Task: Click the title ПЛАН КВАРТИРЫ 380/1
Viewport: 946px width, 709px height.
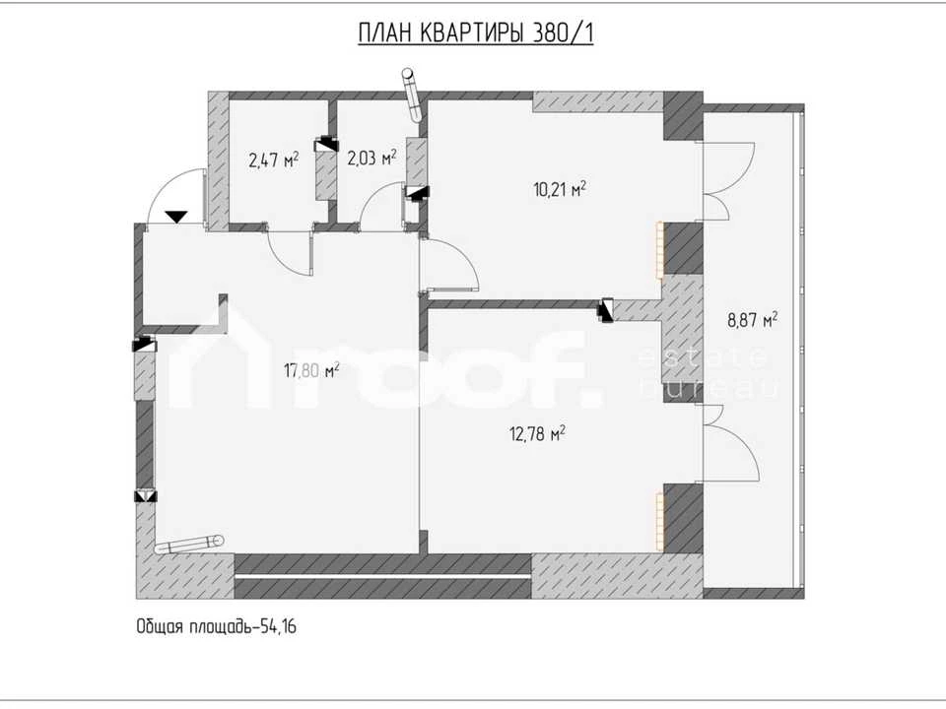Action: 475,33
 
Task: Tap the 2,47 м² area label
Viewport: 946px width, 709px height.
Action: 274,161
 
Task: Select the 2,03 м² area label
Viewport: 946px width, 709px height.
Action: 372,158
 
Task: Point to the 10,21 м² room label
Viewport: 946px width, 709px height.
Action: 561,189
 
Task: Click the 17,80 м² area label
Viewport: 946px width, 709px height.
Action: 311,369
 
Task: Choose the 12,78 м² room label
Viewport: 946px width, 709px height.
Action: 538,433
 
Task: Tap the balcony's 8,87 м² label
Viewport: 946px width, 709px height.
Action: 752,319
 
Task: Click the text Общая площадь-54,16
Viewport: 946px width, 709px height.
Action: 216,627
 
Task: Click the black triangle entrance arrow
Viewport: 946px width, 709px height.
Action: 176,217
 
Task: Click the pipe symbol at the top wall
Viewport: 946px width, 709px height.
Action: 413,95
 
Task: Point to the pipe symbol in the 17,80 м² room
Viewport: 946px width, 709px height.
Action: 189,544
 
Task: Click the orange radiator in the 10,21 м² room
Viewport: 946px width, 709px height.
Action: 660,249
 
